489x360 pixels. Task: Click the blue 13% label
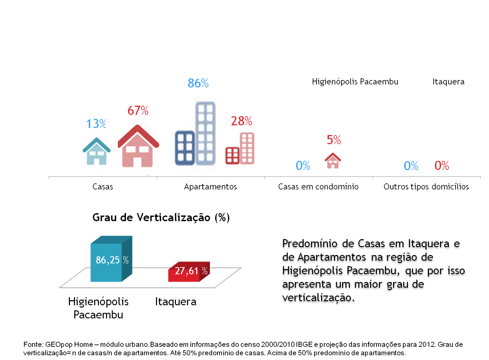(96, 124)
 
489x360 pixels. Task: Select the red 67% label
(138, 111)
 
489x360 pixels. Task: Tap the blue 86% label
(198, 83)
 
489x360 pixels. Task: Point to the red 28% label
(241, 121)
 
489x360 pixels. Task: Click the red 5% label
(334, 140)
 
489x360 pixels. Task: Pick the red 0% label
(442, 165)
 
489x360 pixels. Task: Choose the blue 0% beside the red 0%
(411, 166)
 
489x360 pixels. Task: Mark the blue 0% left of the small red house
(303, 165)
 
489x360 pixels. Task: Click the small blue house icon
(97, 152)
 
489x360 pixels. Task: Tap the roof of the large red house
(138, 133)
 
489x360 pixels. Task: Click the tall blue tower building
(205, 133)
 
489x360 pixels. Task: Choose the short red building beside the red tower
(232, 156)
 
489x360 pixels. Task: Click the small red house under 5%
(333, 161)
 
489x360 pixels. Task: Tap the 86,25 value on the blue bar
(108, 260)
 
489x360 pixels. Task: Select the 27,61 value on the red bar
(187, 271)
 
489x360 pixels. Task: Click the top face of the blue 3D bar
(111, 239)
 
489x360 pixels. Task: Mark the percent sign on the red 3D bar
(205, 271)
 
